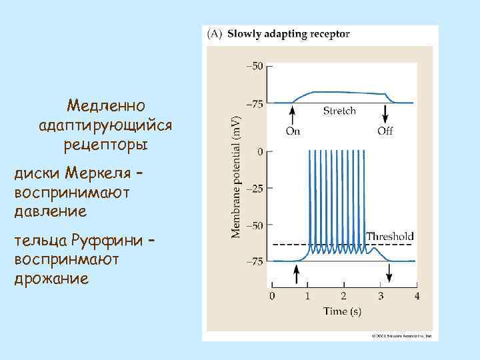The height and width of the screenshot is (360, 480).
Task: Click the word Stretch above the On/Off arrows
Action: click(x=339, y=111)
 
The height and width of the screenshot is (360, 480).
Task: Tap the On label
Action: click(x=293, y=131)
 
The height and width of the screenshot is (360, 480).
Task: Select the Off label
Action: click(x=385, y=131)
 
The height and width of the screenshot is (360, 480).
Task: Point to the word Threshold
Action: click(x=390, y=236)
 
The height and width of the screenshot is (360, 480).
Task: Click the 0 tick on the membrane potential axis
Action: click(x=260, y=152)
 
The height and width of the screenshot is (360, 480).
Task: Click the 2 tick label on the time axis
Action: click(x=343, y=295)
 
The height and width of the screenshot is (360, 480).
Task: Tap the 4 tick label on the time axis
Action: click(x=416, y=295)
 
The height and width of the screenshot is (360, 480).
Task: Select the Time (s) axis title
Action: click(x=343, y=311)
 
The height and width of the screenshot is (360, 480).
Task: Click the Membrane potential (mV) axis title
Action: click(x=236, y=175)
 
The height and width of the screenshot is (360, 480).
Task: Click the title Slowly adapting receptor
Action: click(x=289, y=33)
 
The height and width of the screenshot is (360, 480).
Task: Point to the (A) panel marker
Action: click(x=216, y=33)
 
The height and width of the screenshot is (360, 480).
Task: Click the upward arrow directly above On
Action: click(x=293, y=115)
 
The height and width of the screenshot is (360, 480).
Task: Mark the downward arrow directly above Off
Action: click(x=385, y=115)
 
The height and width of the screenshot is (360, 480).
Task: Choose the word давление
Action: click(x=50, y=212)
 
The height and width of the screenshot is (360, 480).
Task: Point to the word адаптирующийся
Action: click(x=106, y=125)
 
